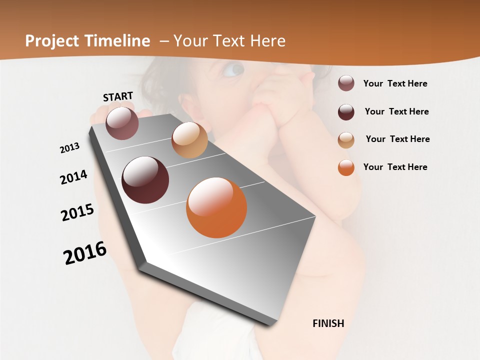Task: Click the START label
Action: (x=118, y=96)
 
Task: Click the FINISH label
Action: (x=328, y=323)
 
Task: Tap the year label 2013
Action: (x=69, y=148)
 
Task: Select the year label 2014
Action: (x=73, y=177)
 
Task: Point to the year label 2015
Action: (x=77, y=212)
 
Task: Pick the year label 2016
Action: (x=85, y=253)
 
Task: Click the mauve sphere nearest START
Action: (x=122, y=123)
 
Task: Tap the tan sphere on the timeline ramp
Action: (x=189, y=140)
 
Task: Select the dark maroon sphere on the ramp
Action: (x=145, y=180)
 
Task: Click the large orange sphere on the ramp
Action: (x=216, y=207)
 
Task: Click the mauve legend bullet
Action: (x=346, y=83)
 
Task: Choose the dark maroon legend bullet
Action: (x=346, y=112)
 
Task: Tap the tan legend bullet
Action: (x=346, y=139)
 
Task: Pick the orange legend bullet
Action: (x=346, y=167)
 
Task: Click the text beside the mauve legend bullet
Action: (x=395, y=83)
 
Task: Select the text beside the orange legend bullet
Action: (x=395, y=167)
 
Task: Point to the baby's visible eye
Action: (x=233, y=70)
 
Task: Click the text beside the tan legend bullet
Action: (x=397, y=139)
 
